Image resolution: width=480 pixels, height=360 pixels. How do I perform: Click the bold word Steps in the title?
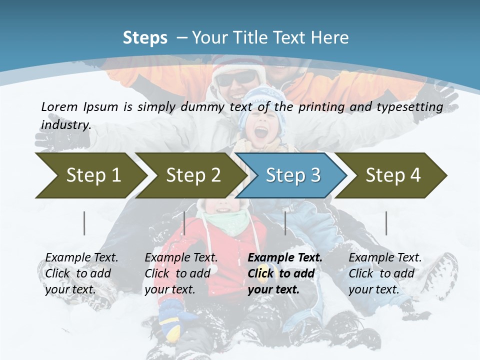point(145,38)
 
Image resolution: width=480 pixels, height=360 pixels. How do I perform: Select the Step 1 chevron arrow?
point(90,175)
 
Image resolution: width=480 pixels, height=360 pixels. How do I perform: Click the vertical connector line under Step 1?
point(84,223)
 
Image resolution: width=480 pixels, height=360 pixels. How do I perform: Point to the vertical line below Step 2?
point(184,223)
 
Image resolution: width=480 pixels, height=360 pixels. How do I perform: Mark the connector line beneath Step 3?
point(285,223)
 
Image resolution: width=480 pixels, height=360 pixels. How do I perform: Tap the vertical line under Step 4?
point(386,223)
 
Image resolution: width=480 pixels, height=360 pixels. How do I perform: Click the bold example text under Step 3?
point(284,273)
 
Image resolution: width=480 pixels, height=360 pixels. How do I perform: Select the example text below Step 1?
point(81,273)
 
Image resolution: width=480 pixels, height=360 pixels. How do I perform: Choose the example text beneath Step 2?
point(181,273)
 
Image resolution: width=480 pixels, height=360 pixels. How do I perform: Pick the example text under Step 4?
point(384,273)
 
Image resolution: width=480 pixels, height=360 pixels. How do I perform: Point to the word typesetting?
point(412,107)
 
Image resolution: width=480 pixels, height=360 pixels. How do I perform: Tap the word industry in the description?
point(65,124)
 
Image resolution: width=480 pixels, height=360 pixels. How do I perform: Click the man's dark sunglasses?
point(236,78)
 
